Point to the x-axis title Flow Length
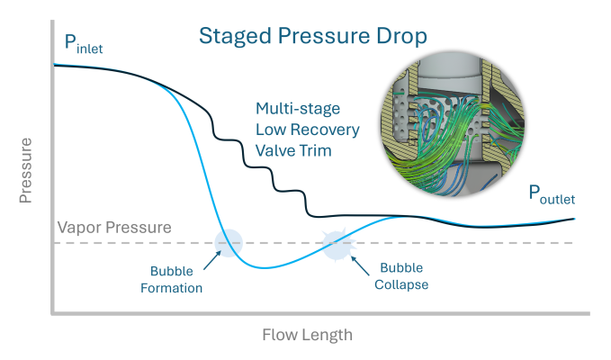pyautogui.click(x=308, y=335)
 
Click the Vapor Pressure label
pyautogui.click(x=114, y=228)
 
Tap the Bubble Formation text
pyautogui.click(x=176, y=279)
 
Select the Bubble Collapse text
pyautogui.click(x=403, y=276)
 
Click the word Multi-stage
pyautogui.click(x=298, y=109)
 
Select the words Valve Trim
pyautogui.click(x=294, y=150)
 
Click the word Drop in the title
pyautogui.click(x=401, y=38)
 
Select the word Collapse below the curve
pyautogui.click(x=403, y=284)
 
